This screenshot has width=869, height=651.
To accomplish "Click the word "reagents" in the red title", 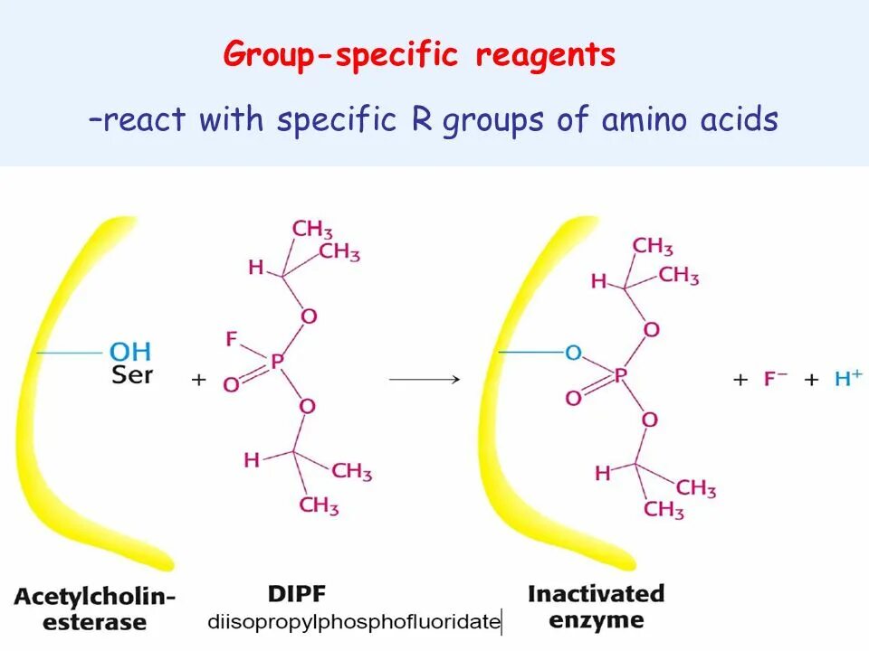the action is coord(546,56).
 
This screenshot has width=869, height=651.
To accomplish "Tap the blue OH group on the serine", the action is coord(130,351).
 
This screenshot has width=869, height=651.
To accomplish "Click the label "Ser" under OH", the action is coord(131,373).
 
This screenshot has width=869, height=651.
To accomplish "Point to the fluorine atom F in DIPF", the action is coord(232,339).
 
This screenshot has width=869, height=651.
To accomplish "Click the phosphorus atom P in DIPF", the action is coord(277,362).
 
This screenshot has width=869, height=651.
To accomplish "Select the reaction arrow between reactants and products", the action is coord(425,380).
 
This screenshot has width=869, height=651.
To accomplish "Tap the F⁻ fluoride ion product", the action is coord(776,379).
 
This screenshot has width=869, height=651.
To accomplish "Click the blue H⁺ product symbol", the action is coord(847,379).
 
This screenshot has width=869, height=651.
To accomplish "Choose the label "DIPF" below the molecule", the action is coord(296,594).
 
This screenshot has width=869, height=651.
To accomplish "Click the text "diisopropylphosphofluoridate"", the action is coord(354,622).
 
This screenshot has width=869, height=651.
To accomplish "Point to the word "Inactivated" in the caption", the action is coord(596,594).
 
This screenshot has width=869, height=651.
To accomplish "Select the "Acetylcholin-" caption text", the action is coord(94,596).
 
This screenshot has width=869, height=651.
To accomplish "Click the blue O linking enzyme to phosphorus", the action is coord(573,353).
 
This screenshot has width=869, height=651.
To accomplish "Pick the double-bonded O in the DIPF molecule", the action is coord(231,385).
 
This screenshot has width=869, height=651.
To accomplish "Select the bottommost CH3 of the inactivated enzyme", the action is coord(664,511).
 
